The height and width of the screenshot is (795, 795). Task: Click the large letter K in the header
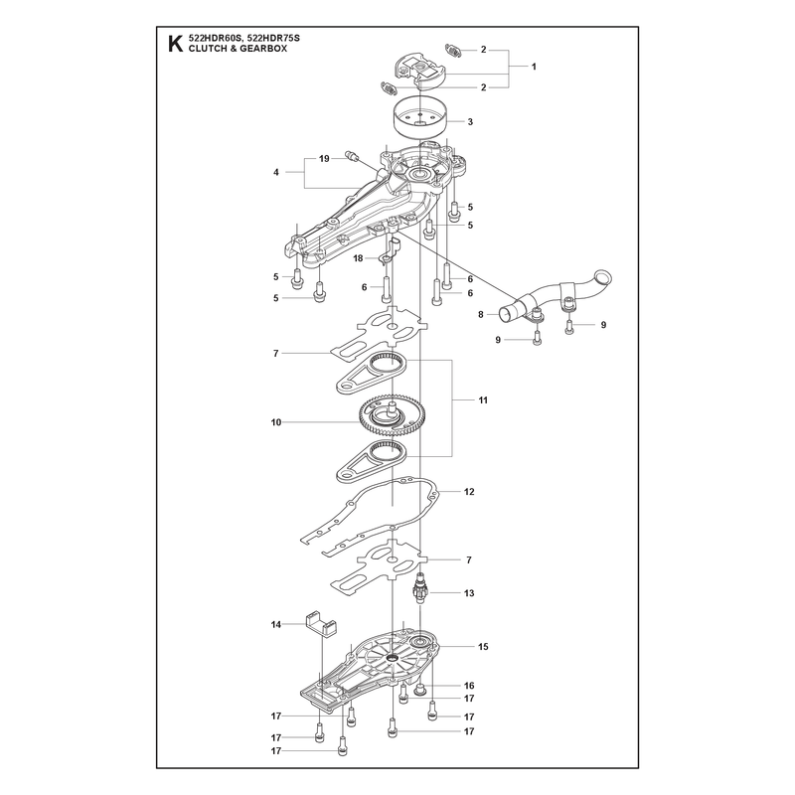tap(175, 44)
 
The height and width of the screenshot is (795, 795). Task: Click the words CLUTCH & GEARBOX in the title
tap(238, 49)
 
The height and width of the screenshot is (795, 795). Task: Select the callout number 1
tap(534, 67)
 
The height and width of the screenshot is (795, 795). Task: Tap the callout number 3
tap(470, 121)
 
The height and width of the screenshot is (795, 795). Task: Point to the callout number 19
tap(324, 159)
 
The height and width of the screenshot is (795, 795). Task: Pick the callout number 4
tap(276, 172)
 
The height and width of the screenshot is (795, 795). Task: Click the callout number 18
tap(358, 258)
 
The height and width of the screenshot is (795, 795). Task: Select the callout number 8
tap(481, 315)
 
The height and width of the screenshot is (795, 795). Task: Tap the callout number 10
tap(276, 421)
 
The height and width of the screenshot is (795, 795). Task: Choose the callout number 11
tap(483, 400)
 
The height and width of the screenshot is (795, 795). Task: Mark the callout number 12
tap(469, 492)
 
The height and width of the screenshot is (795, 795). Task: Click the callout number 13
tap(469, 593)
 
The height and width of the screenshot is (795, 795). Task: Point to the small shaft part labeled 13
tap(420, 588)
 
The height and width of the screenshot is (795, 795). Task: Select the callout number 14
tap(276, 625)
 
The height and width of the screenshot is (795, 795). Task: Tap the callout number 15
tap(483, 647)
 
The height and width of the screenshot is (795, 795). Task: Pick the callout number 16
tap(469, 686)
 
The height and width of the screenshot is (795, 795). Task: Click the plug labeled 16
tap(419, 689)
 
